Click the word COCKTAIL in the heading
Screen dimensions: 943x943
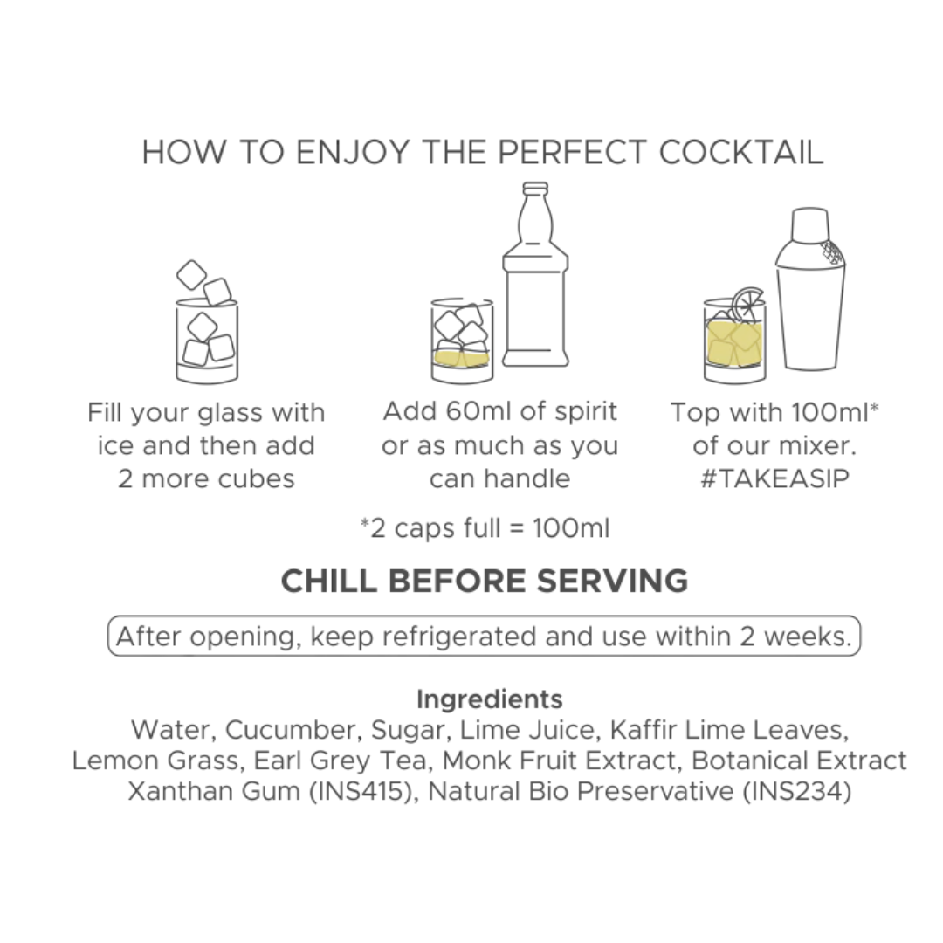point(741,152)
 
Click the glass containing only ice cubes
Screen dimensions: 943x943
point(207,341)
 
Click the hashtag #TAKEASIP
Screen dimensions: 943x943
point(774,479)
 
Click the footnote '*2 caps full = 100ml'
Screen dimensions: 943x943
point(485,528)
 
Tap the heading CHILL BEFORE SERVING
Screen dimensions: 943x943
point(485,581)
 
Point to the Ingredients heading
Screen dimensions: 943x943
point(489,699)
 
